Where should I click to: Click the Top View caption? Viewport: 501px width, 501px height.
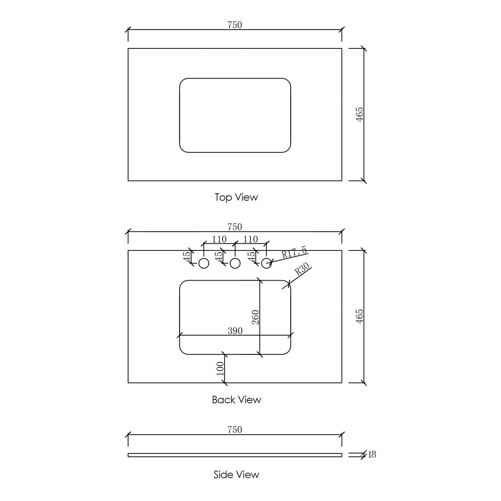[236, 197]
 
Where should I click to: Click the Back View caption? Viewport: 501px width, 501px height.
[236, 400]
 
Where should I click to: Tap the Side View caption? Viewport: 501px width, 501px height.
[236, 474]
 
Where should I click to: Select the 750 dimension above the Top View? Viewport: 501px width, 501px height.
[235, 25]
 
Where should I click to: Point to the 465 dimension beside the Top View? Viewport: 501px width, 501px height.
[359, 114]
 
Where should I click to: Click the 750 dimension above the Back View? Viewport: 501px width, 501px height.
[235, 227]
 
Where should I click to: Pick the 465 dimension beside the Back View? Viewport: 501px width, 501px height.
[359, 316]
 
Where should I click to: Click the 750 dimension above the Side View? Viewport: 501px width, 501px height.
[235, 430]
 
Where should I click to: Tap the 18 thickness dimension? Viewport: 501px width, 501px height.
[372, 454]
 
